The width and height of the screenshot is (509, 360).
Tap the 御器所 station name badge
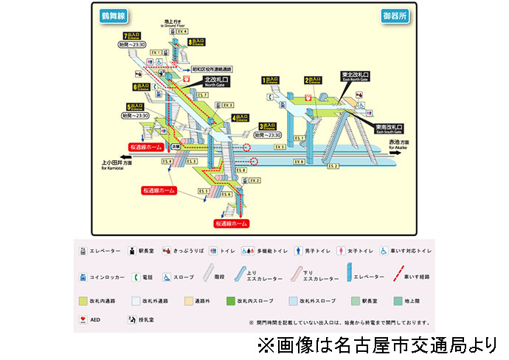395,15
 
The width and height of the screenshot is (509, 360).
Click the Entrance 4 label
241,117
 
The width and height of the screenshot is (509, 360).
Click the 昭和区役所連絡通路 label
214,70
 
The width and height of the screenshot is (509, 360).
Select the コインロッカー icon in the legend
83,277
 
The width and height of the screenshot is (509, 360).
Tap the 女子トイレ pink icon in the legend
341,250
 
